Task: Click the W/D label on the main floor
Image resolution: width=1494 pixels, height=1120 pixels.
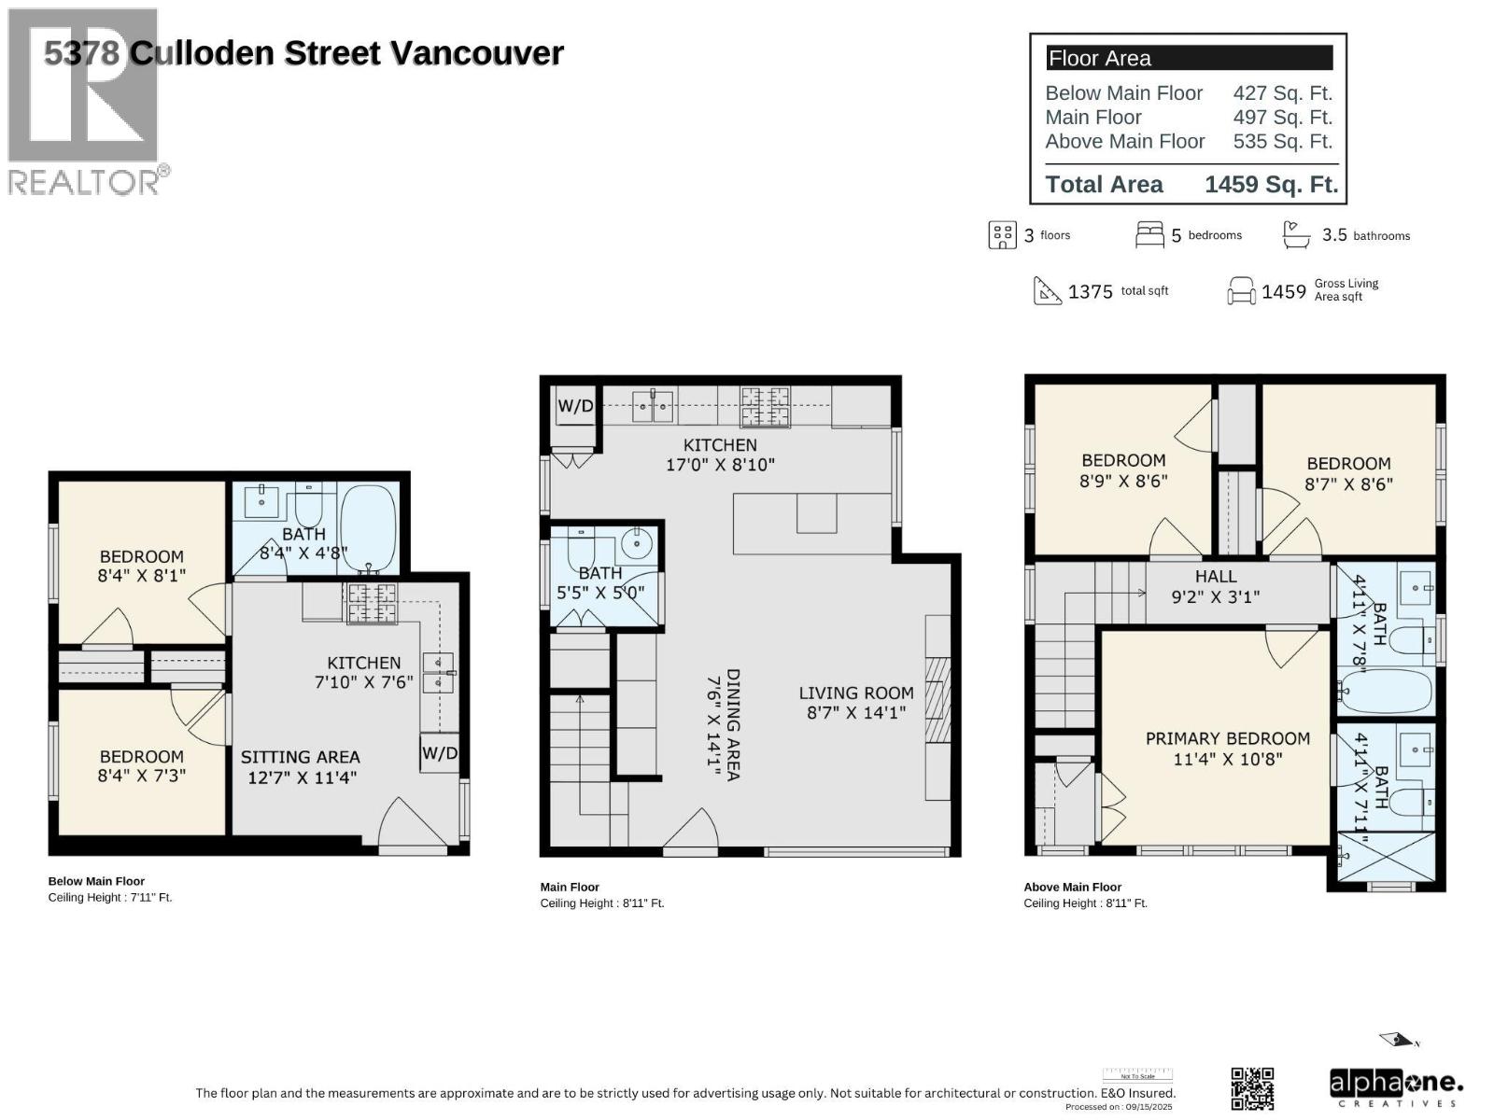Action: click(x=575, y=406)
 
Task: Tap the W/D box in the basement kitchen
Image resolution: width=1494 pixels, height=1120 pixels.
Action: click(x=439, y=753)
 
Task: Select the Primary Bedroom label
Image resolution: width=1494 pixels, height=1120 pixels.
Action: click(x=1227, y=738)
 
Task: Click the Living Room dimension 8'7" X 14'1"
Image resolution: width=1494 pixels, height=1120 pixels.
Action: click(x=856, y=714)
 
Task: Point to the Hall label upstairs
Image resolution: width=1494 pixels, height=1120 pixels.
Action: click(x=1215, y=577)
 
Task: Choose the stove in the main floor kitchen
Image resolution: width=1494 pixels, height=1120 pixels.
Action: click(x=765, y=407)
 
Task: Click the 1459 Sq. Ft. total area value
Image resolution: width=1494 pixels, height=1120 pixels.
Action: click(x=1270, y=184)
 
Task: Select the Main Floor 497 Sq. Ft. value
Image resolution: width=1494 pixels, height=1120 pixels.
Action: click(x=1282, y=118)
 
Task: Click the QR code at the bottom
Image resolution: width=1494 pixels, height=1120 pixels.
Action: click(x=1252, y=1088)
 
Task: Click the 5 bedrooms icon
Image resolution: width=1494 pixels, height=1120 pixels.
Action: click(x=1149, y=234)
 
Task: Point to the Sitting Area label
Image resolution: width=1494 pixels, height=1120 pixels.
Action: click(x=300, y=757)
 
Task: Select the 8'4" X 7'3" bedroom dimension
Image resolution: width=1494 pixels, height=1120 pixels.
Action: click(x=142, y=776)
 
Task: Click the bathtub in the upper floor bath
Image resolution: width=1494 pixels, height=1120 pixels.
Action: click(x=1385, y=692)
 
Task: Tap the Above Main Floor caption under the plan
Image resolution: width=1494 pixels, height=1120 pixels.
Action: click(x=1072, y=888)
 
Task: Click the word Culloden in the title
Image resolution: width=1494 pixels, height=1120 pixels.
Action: click(x=203, y=53)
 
